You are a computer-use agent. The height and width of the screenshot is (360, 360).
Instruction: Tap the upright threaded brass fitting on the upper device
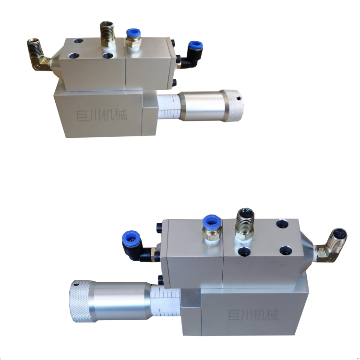[x=108, y=35]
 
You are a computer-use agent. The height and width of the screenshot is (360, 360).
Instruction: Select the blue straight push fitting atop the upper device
[x=133, y=38]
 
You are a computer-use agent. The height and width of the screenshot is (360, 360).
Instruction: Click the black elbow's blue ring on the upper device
[x=195, y=46]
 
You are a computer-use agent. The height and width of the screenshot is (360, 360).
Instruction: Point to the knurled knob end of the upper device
[x=233, y=106]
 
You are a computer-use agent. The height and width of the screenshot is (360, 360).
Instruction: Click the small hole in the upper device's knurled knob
[x=239, y=98]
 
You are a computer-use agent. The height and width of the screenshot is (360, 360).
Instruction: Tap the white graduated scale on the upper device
[x=169, y=107]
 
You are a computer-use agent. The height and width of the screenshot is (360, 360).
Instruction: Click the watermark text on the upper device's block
[x=101, y=115]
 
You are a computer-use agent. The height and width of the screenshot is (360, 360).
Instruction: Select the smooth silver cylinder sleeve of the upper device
[x=201, y=106]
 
